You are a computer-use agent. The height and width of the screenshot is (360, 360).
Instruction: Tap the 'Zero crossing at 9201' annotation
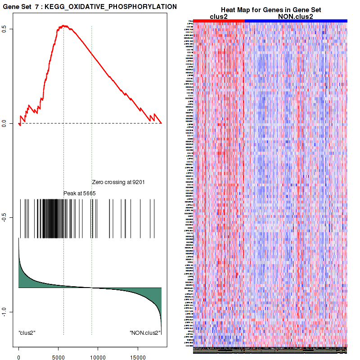[118, 183]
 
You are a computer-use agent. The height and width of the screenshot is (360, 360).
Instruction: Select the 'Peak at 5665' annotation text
[80, 193]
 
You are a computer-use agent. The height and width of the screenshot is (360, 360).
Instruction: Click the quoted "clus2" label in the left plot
[27, 333]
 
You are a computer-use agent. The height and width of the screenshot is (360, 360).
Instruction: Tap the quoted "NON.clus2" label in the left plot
[145, 333]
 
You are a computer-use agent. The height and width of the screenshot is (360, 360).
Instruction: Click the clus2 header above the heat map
[219, 17]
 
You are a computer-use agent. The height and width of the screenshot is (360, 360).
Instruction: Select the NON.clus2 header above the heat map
[296, 17]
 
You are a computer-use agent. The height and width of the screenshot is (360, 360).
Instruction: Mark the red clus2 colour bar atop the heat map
[219, 21]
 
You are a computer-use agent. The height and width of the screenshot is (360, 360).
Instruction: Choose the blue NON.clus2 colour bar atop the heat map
[296, 21]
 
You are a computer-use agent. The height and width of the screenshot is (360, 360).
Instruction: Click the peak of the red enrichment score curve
[63, 26]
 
